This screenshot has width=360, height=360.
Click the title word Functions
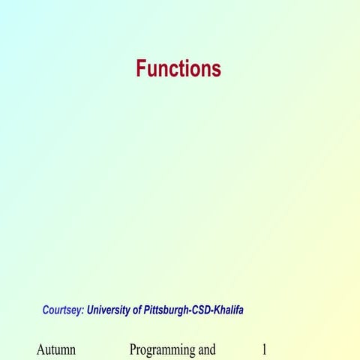[x=178, y=69]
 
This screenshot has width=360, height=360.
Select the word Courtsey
[x=61, y=309]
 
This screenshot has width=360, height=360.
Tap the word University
[x=109, y=309]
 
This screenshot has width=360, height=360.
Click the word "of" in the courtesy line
[x=139, y=309]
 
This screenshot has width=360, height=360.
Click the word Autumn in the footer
[x=56, y=349]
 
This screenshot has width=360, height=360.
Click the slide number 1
[x=264, y=349]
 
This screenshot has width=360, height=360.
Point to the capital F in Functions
[x=141, y=69]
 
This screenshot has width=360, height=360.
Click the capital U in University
[x=91, y=309]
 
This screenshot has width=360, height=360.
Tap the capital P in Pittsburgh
[x=148, y=309]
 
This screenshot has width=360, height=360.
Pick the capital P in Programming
[x=133, y=349]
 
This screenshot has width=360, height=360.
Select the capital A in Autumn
[x=40, y=349]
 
